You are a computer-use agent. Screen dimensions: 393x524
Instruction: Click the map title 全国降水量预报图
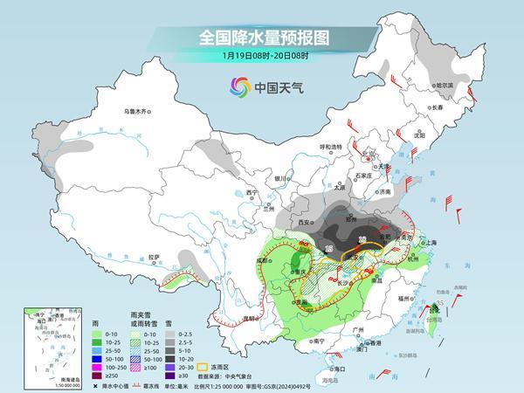262,38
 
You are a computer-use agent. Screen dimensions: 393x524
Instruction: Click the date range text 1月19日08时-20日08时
262,57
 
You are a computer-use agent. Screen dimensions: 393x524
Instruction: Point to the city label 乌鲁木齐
137,111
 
